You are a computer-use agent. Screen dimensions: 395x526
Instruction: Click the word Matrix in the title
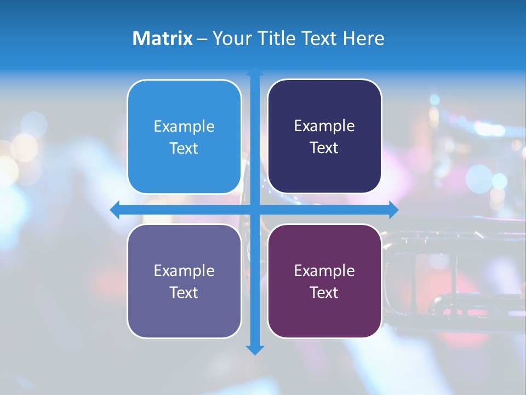tap(162, 38)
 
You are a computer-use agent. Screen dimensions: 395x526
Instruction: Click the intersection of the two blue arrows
tap(255, 210)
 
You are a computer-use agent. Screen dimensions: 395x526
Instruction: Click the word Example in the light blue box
tap(184, 127)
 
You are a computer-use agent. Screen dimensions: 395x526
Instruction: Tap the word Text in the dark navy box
tap(324, 148)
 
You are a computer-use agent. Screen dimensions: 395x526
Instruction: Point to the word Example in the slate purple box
tap(184, 271)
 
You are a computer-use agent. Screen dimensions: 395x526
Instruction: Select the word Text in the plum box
tap(324, 293)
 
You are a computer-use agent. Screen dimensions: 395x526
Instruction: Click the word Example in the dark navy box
tap(324, 126)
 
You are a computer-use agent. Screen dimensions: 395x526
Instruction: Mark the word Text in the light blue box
tap(184, 149)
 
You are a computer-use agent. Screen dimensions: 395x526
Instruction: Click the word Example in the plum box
tap(324, 271)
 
